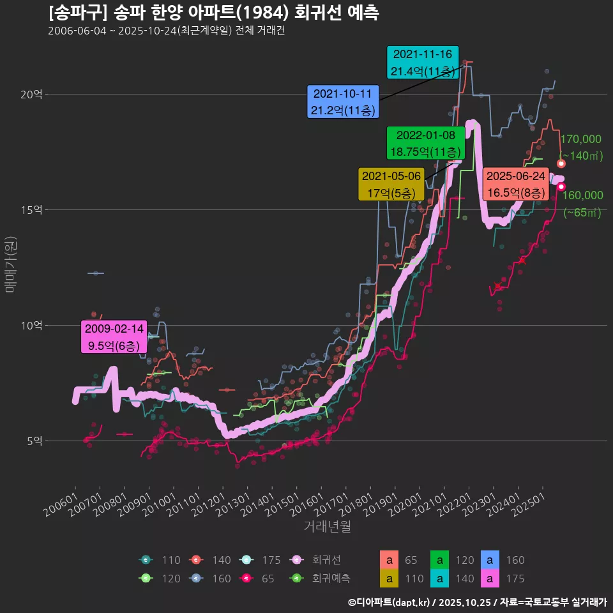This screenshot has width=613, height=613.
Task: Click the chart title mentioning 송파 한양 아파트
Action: point(213,13)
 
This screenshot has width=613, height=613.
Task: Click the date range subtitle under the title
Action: point(166,31)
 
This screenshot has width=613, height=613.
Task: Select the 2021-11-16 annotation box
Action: point(423,63)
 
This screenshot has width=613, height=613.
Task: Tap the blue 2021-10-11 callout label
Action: point(343,102)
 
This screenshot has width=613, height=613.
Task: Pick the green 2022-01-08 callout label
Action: point(425,144)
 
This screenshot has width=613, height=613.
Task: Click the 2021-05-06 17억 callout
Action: point(391,184)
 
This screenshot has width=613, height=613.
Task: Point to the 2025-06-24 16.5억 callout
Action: point(515,184)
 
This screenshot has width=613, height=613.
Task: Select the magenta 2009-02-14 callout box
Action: point(114,337)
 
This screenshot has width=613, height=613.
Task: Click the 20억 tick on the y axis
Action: point(31,94)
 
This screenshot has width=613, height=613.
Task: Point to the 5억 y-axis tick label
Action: point(34,441)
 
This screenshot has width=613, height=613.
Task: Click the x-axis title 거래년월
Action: point(327,527)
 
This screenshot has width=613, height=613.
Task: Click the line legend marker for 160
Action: point(197,579)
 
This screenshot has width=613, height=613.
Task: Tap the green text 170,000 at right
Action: point(580,139)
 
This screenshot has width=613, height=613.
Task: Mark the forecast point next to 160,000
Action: point(561,186)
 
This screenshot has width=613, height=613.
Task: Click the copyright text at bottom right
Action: point(476,602)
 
